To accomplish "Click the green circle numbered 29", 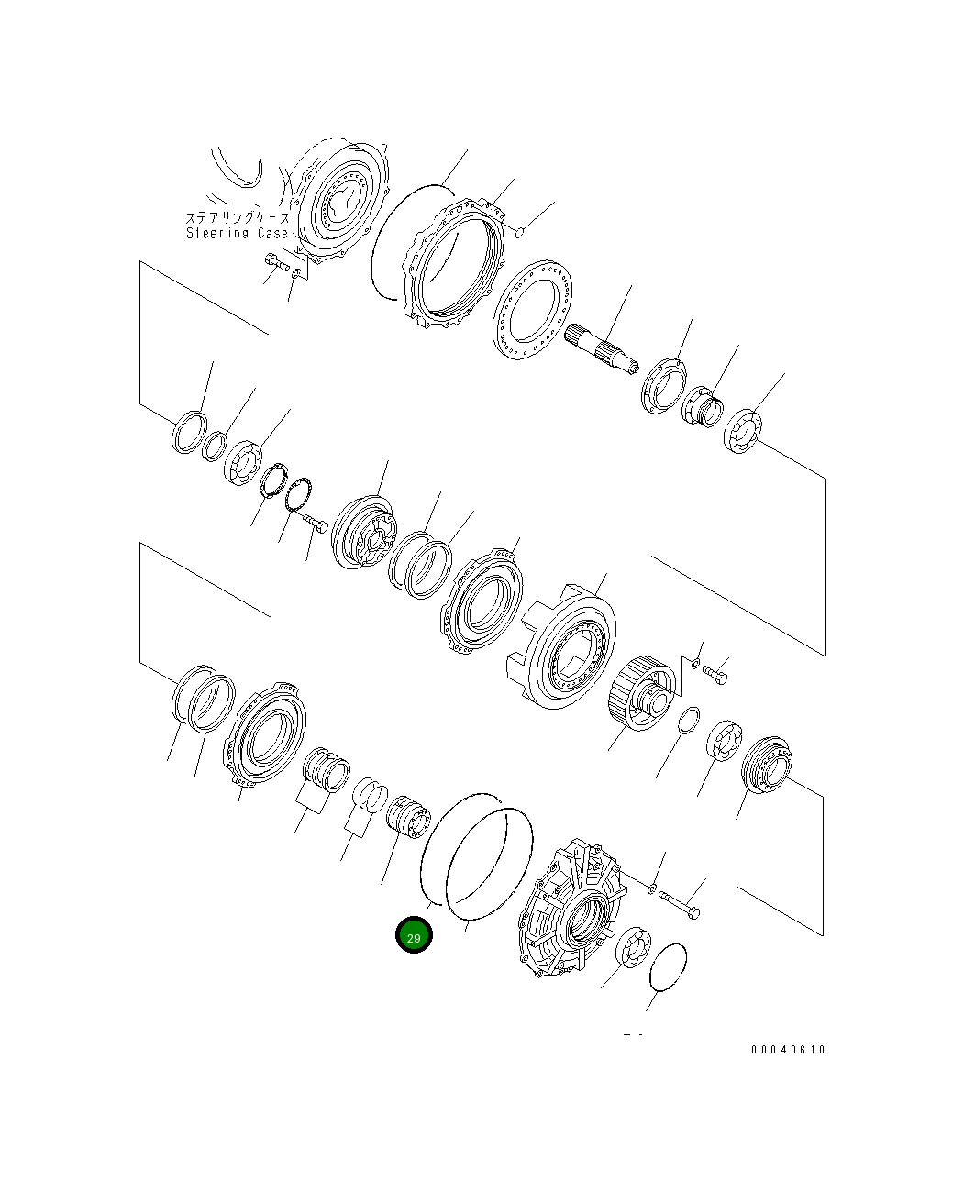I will point(413,935).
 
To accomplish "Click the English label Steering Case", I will point(238,233).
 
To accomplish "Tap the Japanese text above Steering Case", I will point(238,218).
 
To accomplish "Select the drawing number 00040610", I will point(787,1049).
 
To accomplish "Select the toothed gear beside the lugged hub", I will point(640,693).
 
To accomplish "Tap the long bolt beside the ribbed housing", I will point(681,907).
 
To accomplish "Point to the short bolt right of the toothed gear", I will point(715,674).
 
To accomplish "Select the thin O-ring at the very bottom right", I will point(668,966).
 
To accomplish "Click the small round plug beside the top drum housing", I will point(520,233).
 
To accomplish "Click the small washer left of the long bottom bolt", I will point(650,888).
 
